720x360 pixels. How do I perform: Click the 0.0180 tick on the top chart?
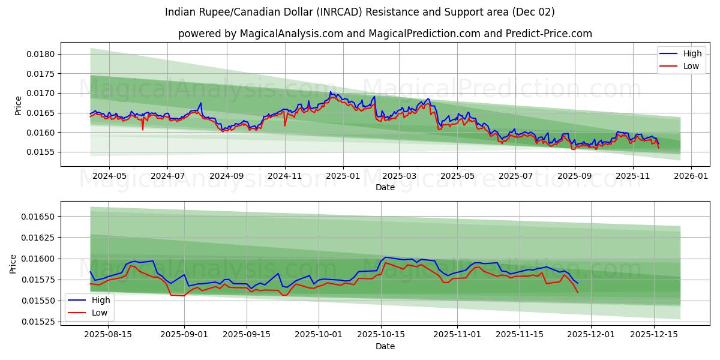click(43, 54)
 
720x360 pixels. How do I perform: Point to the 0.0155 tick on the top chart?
click(43, 152)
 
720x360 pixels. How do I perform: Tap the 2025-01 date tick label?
click(343, 176)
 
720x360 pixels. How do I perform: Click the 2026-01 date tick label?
click(691, 176)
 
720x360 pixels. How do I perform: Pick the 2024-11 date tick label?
click(284, 176)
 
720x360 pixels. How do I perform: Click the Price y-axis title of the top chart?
click(19, 106)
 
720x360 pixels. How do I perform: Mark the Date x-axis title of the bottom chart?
click(385, 346)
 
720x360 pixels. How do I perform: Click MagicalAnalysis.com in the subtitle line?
click(286, 34)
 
